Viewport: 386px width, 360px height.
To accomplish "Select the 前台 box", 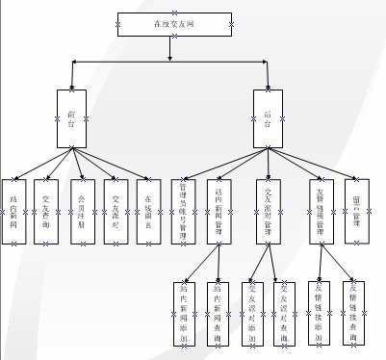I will [73, 117].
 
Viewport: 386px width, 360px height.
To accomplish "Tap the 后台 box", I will [268, 117].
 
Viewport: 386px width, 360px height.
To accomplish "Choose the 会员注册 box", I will [83, 209].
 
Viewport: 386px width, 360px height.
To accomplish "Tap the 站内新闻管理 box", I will [219, 209].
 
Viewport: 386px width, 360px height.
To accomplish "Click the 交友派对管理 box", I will [270, 209].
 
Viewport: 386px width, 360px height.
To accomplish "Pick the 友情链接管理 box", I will [322, 209].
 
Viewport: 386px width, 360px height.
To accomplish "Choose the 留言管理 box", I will [357, 209].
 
